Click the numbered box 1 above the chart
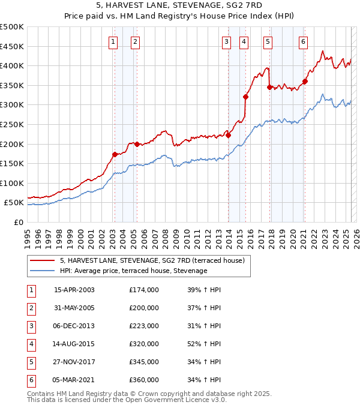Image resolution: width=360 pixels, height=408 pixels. click(x=113, y=41)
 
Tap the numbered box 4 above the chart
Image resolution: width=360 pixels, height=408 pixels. click(x=244, y=41)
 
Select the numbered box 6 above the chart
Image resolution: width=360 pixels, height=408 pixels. click(x=304, y=41)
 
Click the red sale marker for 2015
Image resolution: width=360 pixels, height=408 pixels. click(x=245, y=97)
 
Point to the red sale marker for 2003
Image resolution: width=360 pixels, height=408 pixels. click(x=115, y=154)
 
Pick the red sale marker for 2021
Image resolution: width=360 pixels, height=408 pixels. click(x=305, y=82)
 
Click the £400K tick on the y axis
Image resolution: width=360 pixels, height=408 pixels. click(x=12, y=65)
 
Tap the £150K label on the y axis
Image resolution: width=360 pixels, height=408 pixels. click(x=12, y=163)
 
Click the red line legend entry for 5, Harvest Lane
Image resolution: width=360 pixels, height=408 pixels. click(x=152, y=260)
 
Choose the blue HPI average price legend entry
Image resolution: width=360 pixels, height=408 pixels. click(x=133, y=271)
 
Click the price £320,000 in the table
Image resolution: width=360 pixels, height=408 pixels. click(x=144, y=344)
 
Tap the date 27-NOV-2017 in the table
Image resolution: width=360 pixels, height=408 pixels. click(x=74, y=362)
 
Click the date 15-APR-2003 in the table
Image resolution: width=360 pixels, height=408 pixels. click(x=74, y=290)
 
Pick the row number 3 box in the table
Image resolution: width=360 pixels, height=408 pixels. click(x=30, y=326)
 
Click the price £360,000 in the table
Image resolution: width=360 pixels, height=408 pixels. click(x=144, y=380)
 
